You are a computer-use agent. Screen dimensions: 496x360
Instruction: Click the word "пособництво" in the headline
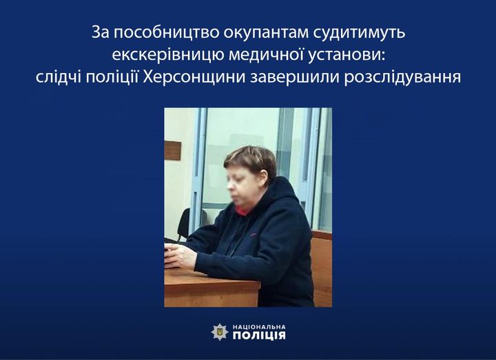(165, 33)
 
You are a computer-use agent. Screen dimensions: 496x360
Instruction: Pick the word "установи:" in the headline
(344, 55)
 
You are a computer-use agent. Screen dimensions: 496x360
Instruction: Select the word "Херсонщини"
(194, 78)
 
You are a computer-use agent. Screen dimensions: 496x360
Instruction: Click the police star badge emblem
(220, 332)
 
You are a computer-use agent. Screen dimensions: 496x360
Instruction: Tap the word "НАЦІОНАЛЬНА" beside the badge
(259, 327)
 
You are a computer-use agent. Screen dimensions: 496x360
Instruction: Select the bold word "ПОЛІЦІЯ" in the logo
(259, 335)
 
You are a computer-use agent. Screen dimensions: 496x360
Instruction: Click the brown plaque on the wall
(173, 151)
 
